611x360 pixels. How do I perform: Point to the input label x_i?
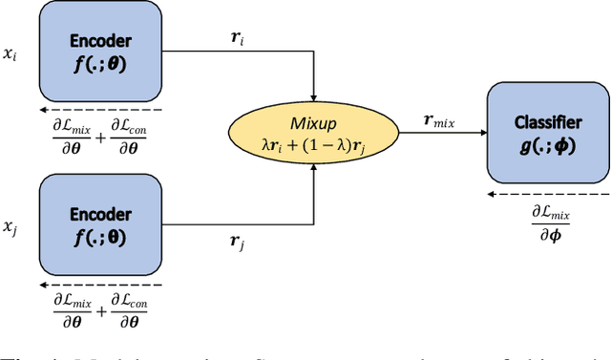coord(10,55)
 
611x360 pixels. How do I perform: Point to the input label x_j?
coord(10,228)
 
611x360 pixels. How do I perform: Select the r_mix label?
coord(439,122)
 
